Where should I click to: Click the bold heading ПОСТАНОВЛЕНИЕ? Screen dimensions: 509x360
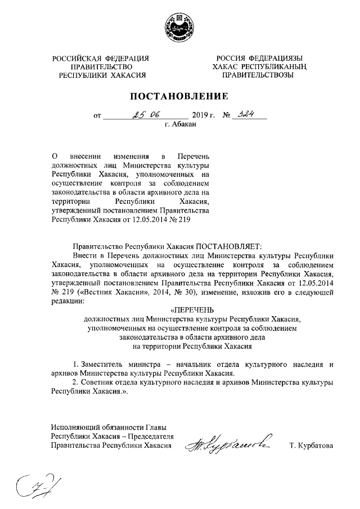[180, 96]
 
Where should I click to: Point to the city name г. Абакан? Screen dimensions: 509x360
[180, 125]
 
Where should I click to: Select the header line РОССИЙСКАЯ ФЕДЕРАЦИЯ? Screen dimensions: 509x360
[101, 58]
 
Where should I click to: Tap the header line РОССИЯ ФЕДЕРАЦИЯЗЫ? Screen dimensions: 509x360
[258, 58]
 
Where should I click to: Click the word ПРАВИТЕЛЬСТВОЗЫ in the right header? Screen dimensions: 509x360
[258, 75]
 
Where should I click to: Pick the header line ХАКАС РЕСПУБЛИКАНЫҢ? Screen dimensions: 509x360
[258, 67]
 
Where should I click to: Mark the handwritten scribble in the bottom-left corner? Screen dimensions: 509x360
[34, 484]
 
